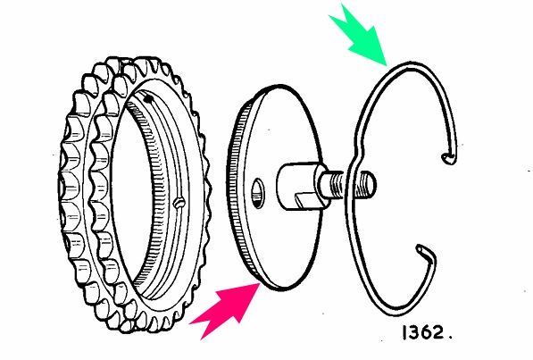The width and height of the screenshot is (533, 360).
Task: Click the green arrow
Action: pyautogui.click(x=361, y=36)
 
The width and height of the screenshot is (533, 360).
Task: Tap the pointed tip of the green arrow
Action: pyautogui.click(x=387, y=65)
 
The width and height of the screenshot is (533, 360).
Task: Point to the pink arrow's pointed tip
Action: pyautogui.click(x=261, y=283)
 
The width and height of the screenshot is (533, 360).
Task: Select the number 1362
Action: pyautogui.click(x=423, y=332)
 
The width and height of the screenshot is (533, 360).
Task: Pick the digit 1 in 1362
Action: pyautogui.click(x=404, y=332)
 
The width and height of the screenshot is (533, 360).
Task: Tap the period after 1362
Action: pyautogui.click(x=450, y=338)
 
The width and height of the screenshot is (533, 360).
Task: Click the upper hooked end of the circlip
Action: pyautogui.click(x=447, y=157)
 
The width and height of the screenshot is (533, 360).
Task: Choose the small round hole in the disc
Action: pyautogui.click(x=258, y=193)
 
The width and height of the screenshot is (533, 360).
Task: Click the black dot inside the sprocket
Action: pyautogui.click(x=148, y=99)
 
